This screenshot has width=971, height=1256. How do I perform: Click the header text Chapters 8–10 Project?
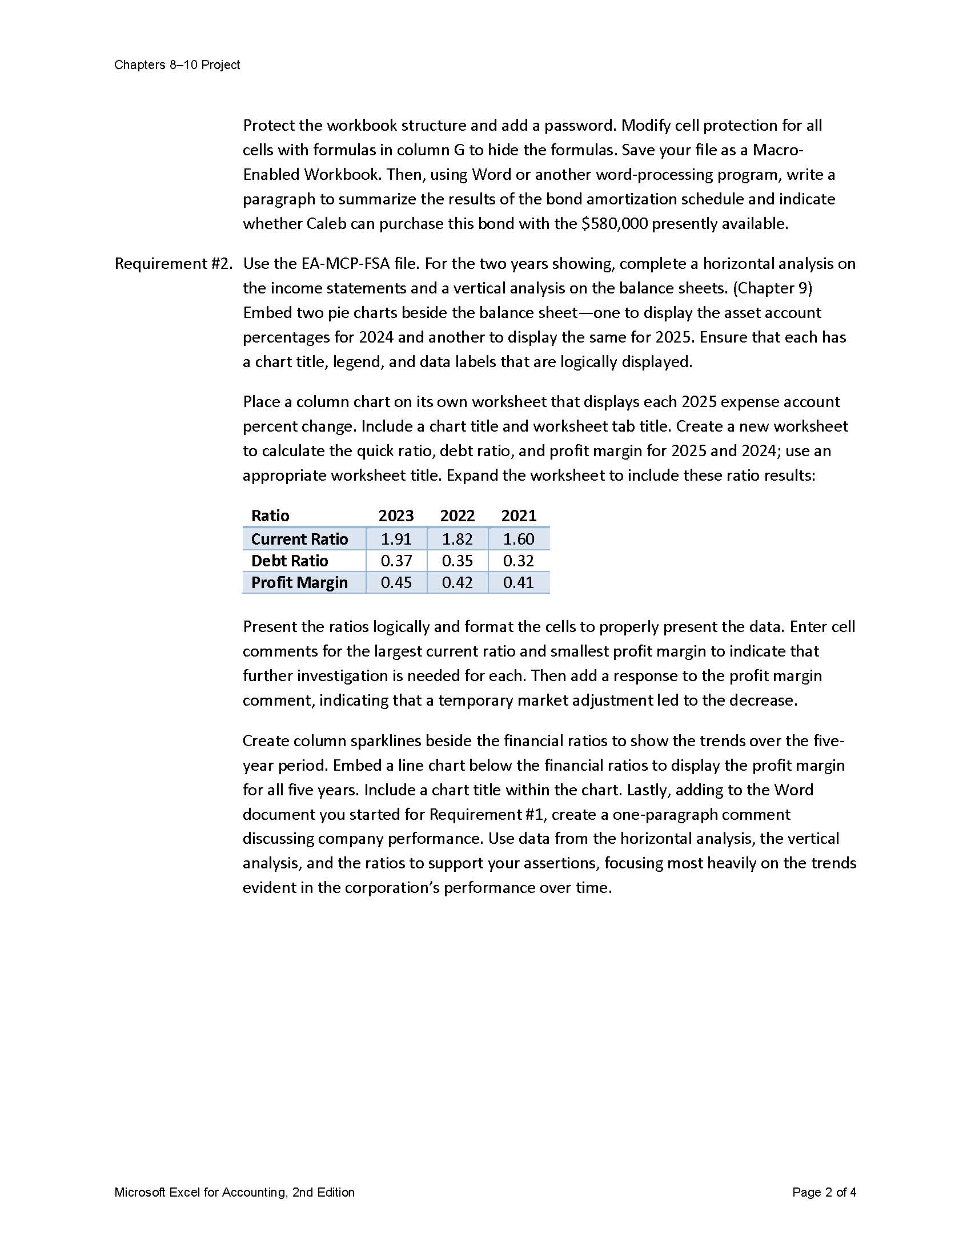(176, 65)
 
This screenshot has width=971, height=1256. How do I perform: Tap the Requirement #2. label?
(173, 263)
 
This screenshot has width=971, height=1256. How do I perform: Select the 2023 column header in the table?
(396, 516)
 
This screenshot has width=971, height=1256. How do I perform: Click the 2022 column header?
(458, 516)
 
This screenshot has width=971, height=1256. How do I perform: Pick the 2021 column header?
(518, 516)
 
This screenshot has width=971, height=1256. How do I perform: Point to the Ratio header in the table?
(270, 516)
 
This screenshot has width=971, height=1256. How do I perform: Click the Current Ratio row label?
(299, 539)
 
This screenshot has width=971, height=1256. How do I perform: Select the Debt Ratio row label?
(290, 561)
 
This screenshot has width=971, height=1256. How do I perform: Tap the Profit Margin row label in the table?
(299, 582)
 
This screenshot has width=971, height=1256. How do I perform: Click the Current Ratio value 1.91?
(396, 539)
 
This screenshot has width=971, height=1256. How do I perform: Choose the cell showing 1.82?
(458, 539)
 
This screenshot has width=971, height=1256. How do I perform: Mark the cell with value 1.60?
(518, 539)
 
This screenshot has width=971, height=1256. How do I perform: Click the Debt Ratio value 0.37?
(396, 561)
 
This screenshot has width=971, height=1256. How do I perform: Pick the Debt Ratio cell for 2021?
(518, 561)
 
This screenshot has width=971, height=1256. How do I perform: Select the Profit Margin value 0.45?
(396, 582)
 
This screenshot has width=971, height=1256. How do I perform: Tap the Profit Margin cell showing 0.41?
(518, 582)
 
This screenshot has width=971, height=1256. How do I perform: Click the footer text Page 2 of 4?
(824, 1192)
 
